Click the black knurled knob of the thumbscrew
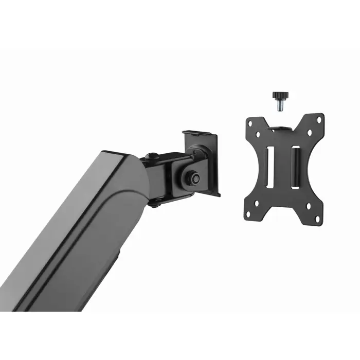pyautogui.click(x=280, y=96)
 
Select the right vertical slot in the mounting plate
pyautogui.click(x=296, y=167)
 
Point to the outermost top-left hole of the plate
pyautogui.click(x=251, y=123)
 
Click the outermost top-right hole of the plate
pyautogui.click(x=319, y=120)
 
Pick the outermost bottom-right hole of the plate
pyautogui.click(x=319, y=217)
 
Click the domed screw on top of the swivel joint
pyautogui.click(x=150, y=156)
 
